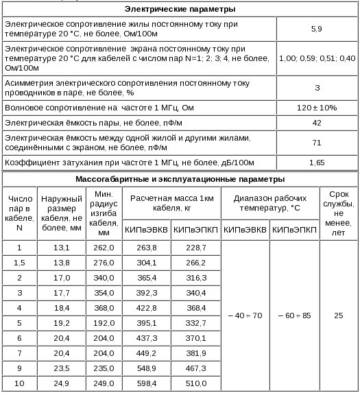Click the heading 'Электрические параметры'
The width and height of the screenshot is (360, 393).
tap(180, 10)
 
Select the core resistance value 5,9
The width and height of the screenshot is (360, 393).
tap(316, 29)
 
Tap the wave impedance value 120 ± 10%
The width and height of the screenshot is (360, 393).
tap(316, 108)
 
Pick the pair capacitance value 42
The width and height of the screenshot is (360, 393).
tap(316, 123)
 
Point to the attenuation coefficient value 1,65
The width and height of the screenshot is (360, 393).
tap(316, 163)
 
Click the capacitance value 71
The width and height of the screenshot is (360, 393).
tap(316, 143)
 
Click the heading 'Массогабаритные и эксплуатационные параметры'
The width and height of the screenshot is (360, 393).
tap(180, 180)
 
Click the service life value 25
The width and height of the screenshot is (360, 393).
tap(338, 315)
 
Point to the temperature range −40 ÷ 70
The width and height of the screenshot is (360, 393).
tap(244, 315)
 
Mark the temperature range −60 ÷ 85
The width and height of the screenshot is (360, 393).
tap(294, 315)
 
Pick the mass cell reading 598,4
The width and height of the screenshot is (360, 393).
tap(147, 383)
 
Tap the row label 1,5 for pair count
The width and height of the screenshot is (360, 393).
tap(19, 262)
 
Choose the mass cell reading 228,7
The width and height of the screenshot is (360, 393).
tap(195, 248)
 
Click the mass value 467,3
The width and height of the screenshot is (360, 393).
tap(195, 368)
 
